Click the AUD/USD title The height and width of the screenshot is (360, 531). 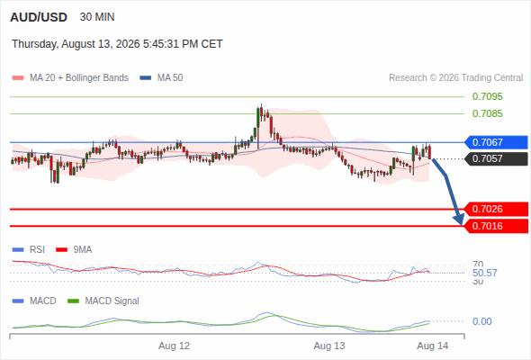(39, 17)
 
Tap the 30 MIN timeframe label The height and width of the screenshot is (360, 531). (97, 17)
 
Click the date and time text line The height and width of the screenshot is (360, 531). (117, 44)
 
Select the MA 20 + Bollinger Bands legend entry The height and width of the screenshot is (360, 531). (70, 78)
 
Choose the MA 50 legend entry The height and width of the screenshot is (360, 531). (161, 78)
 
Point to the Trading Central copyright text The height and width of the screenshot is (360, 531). (455, 78)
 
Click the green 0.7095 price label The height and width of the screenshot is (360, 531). (487, 96)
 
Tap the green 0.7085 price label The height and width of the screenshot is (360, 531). (487, 113)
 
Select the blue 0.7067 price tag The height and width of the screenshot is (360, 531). (495, 142)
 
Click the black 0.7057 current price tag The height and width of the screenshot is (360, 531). (495, 158)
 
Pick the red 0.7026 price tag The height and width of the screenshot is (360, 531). (495, 209)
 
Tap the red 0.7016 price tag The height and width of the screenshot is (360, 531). (495, 226)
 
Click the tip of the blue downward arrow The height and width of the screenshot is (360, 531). (461, 224)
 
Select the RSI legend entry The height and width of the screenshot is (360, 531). (29, 249)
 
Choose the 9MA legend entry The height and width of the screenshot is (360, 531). (74, 249)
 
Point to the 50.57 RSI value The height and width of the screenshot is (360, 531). (484, 273)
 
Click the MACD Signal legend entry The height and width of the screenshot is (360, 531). (103, 301)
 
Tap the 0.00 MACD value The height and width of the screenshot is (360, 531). (481, 321)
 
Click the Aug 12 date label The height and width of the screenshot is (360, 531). (174, 346)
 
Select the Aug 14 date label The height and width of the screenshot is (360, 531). (433, 346)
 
